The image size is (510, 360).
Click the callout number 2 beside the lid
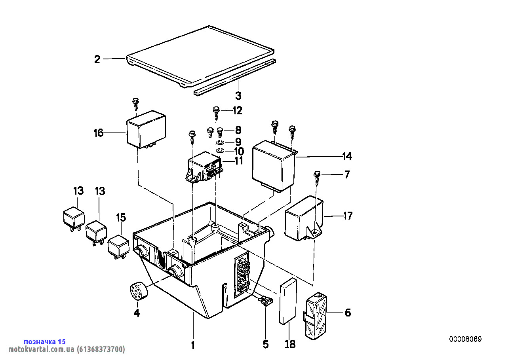click(97, 59)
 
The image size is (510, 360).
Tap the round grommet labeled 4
click(138, 292)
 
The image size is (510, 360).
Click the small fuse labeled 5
click(265, 302)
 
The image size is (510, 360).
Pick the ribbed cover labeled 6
click(315, 316)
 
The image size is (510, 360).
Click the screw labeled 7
click(317, 175)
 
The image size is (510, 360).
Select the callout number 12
click(237, 110)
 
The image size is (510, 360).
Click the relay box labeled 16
click(146, 128)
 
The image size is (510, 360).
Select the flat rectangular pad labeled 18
click(288, 301)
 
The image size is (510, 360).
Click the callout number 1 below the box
click(193, 345)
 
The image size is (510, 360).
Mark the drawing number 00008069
click(465, 339)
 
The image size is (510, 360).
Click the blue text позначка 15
click(45, 341)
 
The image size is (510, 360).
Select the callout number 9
click(238, 141)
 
